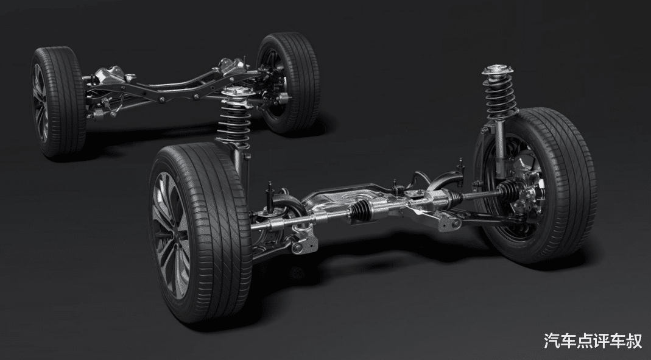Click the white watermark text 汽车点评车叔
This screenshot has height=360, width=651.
click(593, 341)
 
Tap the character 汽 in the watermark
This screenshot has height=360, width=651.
click(552, 341)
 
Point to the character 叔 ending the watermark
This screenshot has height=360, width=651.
click(635, 341)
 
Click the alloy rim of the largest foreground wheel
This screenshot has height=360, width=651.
click(171, 235)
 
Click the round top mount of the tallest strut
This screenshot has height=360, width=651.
click(498, 70)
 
